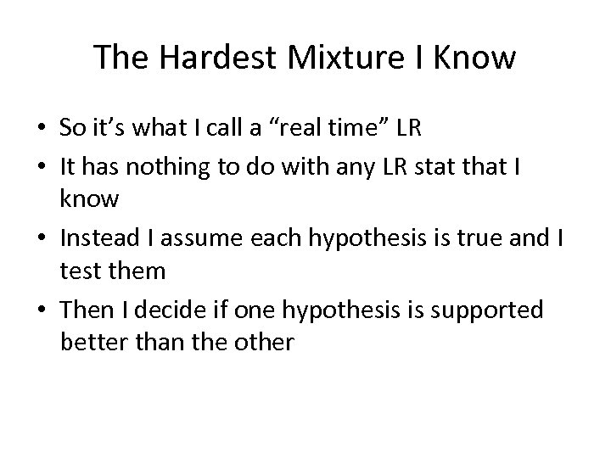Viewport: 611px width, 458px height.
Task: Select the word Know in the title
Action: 475,59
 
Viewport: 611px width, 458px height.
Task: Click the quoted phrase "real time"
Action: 324,128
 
